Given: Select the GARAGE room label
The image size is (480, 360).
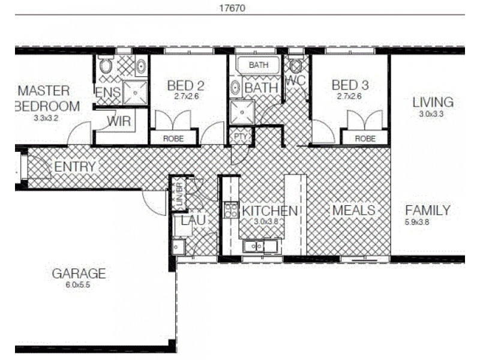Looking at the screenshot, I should (x=79, y=274).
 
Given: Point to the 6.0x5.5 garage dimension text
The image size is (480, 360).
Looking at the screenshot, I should (x=79, y=286).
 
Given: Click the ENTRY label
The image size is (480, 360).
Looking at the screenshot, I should (x=74, y=167).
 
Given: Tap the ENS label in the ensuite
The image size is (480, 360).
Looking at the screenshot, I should (x=108, y=92).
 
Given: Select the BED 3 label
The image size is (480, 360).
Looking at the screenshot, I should (x=351, y=86).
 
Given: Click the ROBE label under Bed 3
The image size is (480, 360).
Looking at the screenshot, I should (x=365, y=138).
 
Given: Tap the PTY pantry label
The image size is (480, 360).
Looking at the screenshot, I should (x=240, y=137).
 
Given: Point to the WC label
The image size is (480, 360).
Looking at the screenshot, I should (x=296, y=80).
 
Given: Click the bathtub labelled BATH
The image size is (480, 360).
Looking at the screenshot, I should (x=259, y=65).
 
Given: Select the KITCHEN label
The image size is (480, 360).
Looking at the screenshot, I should (x=269, y=211).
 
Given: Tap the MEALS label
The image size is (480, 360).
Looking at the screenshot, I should (x=353, y=211).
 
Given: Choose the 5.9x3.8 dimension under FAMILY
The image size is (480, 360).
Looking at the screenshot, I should (x=417, y=222).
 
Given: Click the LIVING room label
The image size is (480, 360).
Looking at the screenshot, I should (x=432, y=102).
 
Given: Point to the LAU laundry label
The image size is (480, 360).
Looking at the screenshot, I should (x=193, y=220).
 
